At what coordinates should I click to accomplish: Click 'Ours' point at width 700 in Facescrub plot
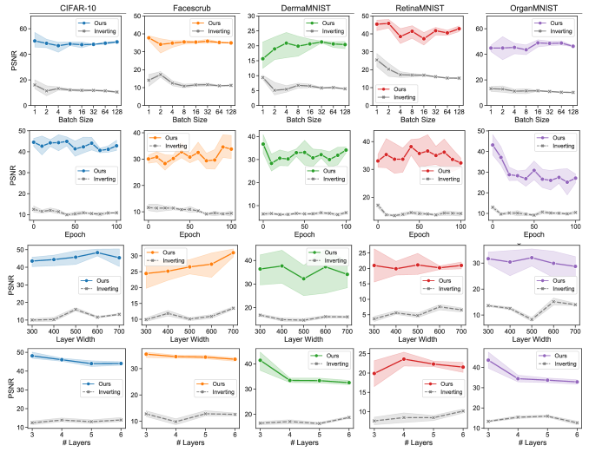point(232,252)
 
